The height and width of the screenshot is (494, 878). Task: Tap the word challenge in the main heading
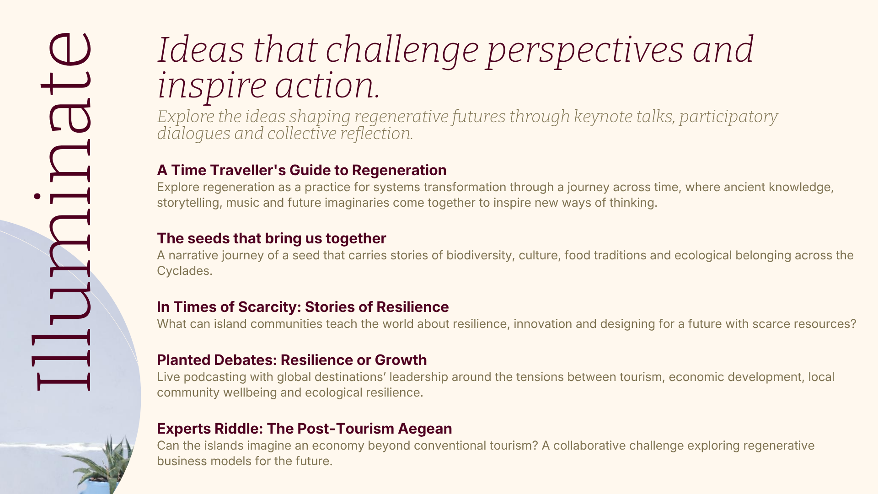pos(402,51)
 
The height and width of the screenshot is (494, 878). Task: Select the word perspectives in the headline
pos(585,51)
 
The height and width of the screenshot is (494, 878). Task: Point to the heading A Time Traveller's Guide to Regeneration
pos(302,170)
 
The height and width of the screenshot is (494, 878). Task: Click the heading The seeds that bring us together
pos(272,238)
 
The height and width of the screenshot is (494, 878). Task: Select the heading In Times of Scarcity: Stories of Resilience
pos(303,307)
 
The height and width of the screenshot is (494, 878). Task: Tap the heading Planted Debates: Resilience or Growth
pos(292,360)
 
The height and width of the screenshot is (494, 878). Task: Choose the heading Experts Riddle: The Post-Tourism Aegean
pos(305,429)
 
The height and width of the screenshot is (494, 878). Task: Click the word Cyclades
pos(185,271)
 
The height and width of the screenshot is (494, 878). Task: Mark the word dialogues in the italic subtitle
pos(194,134)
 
